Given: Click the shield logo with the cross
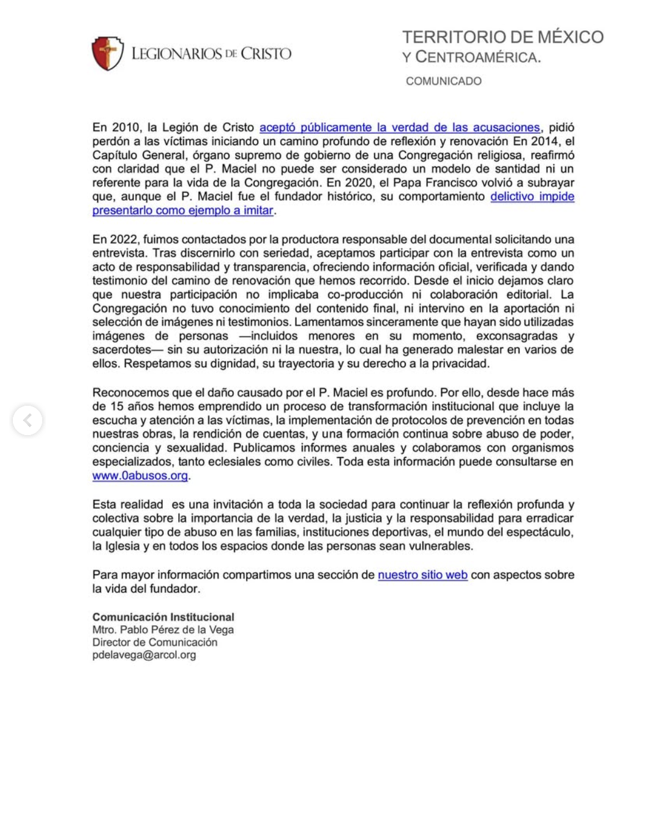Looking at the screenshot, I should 108,53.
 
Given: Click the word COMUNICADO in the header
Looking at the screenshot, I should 444,81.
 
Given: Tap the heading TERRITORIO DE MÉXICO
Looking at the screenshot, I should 503,37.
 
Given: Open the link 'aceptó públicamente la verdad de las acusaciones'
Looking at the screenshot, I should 400,127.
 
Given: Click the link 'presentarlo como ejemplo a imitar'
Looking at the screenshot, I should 182,210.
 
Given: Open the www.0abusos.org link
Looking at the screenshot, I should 140,475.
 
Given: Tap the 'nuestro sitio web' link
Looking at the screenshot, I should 422,575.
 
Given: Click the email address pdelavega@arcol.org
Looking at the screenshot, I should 144,655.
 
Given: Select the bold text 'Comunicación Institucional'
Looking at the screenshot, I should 163,617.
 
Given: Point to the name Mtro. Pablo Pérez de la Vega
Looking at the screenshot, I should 163,630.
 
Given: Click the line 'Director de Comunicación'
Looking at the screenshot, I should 155,642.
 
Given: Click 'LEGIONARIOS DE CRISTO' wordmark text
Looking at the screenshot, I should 211,54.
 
